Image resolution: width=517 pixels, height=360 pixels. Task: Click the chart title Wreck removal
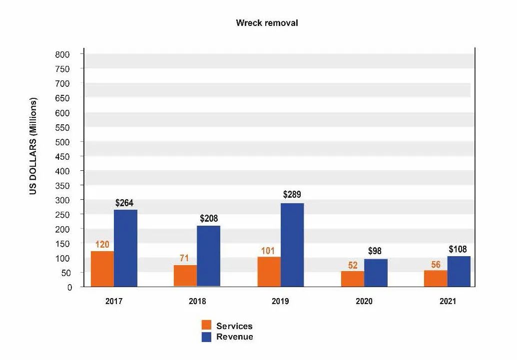coord(267,23)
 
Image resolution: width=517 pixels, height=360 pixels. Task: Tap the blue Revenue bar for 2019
coord(292,245)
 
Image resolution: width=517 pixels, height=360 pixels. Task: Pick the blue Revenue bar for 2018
coord(208,256)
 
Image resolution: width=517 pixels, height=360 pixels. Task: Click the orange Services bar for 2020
coord(352,279)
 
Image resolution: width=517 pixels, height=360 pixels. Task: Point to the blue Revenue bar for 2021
coord(459,271)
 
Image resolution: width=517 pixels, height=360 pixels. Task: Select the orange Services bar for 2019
coord(269,271)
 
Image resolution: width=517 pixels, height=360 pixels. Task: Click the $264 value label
coord(124,203)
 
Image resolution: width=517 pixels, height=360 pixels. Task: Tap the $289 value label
coord(292,195)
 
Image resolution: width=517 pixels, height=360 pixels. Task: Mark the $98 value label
coord(375,251)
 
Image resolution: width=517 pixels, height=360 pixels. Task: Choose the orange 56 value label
coord(436,265)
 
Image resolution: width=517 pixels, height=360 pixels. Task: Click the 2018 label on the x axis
coord(197,302)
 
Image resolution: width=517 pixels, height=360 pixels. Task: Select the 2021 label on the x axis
coord(448,302)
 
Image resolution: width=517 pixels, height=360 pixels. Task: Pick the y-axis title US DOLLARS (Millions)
coord(33,146)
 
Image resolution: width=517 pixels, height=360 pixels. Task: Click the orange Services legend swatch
coord(207,326)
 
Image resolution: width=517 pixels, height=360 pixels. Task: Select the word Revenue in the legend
coord(234,337)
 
